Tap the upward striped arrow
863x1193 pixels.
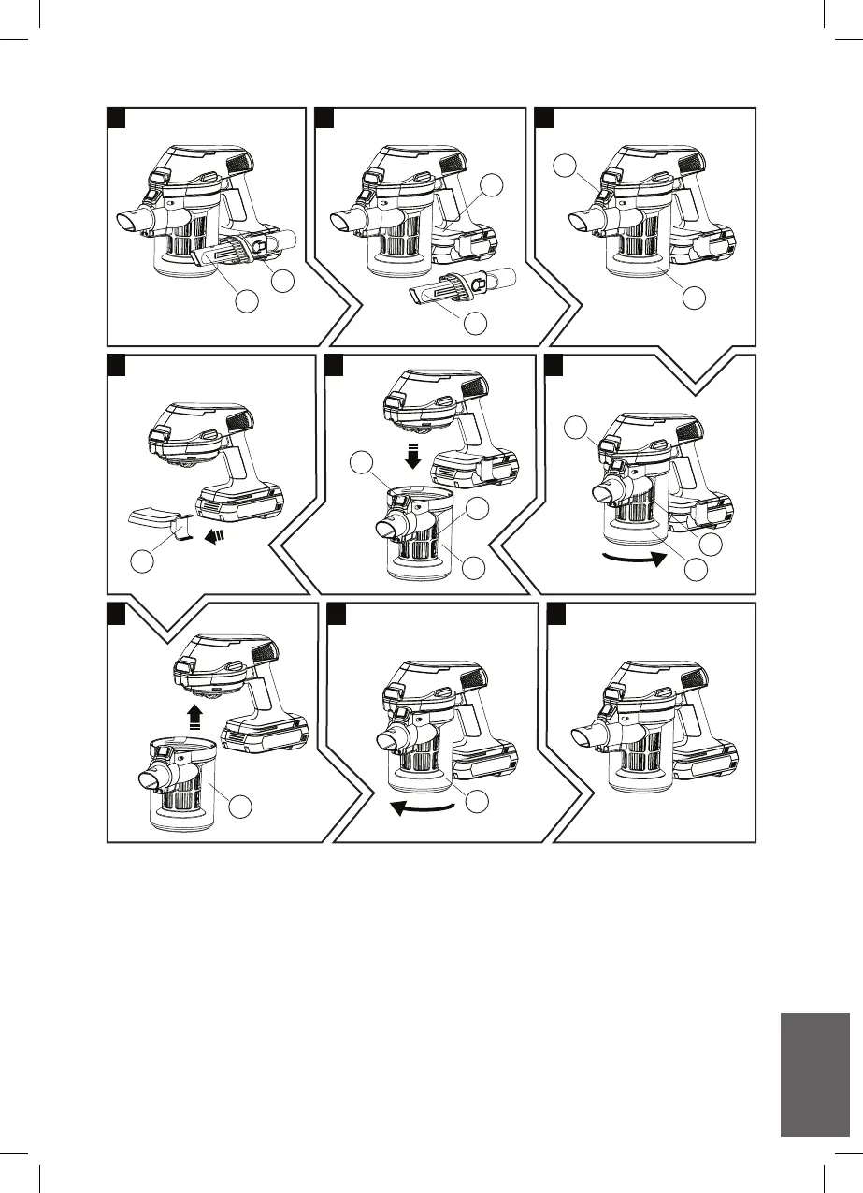click(194, 718)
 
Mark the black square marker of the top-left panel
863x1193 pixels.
click(116, 117)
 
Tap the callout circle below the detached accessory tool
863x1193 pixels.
click(475, 324)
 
